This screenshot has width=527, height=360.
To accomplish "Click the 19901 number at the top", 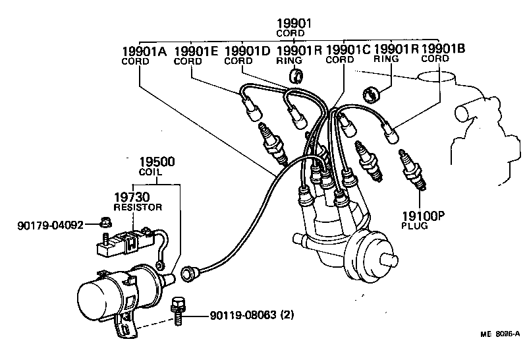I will tap(294, 24).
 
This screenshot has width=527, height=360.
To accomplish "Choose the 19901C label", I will tap(348, 50).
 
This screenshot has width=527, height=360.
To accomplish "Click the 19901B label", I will tap(443, 48).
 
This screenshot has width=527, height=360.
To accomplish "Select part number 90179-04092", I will tap(50, 225).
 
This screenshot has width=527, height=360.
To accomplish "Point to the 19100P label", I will tap(424, 215).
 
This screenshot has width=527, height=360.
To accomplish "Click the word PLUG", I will tap(414, 225).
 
